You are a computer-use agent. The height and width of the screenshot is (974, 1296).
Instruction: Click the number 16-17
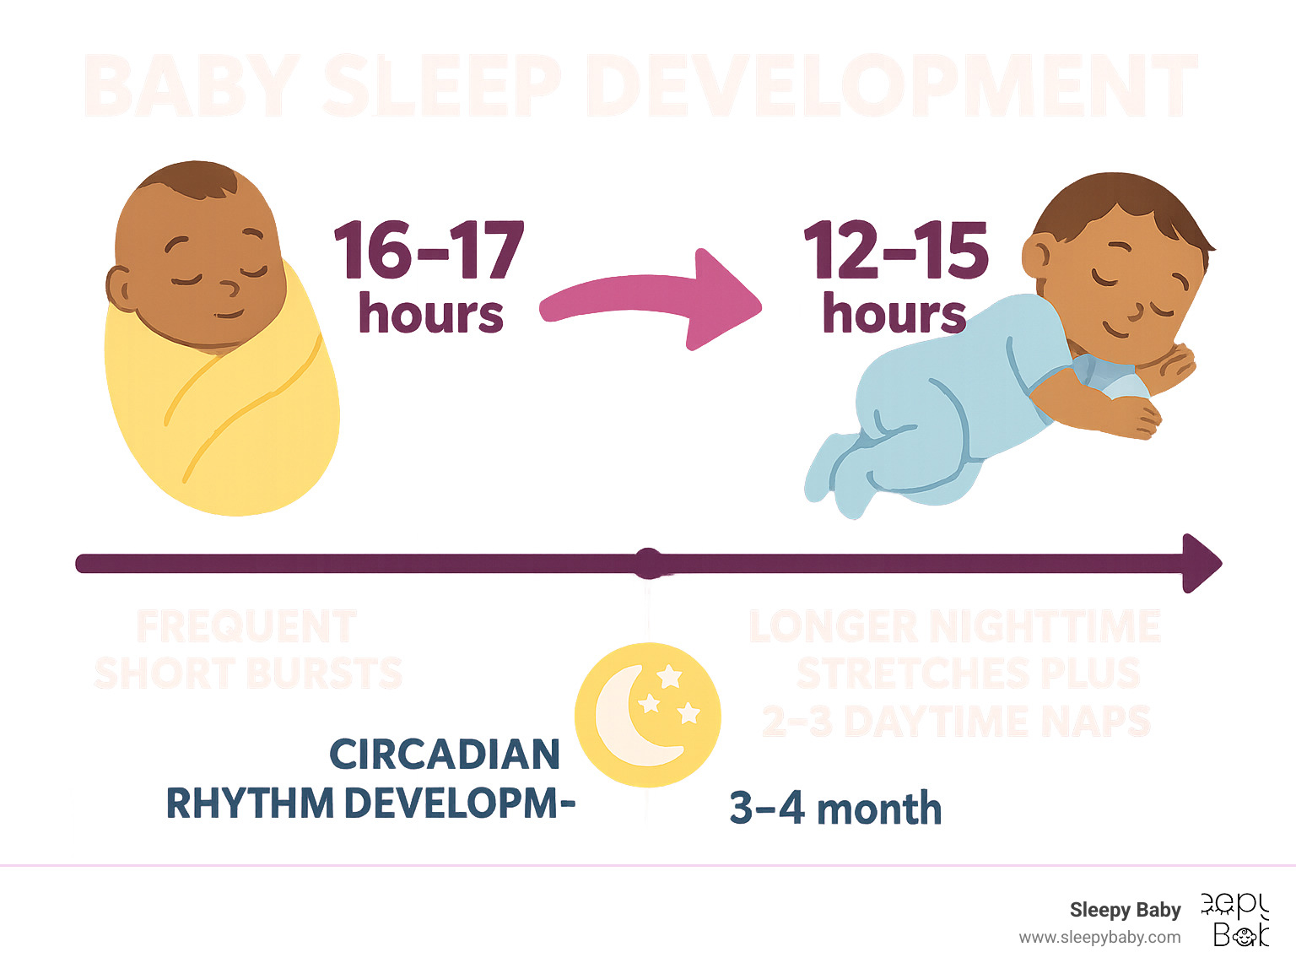[429, 251]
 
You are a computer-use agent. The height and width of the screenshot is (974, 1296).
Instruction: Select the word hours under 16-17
[430, 314]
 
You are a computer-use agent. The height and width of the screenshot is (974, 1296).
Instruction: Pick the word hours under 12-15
[894, 314]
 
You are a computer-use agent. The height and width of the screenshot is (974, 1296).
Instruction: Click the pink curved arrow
[650, 300]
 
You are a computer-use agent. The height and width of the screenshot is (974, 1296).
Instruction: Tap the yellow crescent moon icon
[647, 715]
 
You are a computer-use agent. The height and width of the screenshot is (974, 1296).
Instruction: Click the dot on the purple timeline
[648, 563]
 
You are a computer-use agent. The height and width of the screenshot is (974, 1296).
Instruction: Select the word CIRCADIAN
[445, 754]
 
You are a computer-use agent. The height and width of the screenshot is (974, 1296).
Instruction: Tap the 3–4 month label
[835, 809]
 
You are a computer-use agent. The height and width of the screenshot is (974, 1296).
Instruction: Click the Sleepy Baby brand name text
[1125, 910]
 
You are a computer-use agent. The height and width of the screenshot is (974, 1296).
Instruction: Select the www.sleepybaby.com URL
[1099, 937]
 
